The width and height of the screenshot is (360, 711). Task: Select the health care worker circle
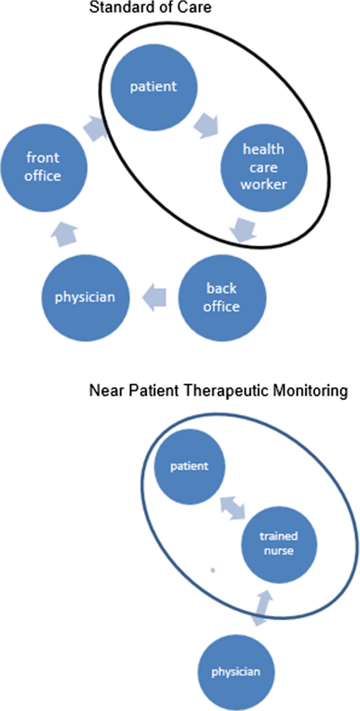point(264,167)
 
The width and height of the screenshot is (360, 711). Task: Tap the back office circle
point(221,298)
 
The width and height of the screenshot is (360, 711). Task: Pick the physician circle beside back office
point(85,298)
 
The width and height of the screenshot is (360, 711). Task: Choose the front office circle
point(44,167)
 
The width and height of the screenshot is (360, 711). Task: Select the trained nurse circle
point(279,544)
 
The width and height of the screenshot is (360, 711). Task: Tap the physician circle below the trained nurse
point(235,672)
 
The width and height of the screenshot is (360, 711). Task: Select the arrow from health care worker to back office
point(243,230)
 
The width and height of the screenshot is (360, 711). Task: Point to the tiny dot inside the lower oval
point(212,570)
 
